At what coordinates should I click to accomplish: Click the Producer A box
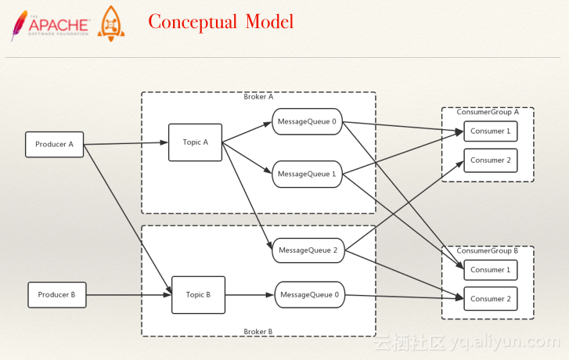coord(55,145)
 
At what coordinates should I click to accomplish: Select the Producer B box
coord(57,295)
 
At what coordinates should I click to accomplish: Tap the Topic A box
coord(195,142)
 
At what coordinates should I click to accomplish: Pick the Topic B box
coord(198,295)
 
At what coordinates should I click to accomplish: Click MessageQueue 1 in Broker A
coord(307,175)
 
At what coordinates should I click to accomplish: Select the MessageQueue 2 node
coord(308,250)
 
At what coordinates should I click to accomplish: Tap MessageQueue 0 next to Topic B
coord(309,295)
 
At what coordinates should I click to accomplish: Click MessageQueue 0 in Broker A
coord(307,121)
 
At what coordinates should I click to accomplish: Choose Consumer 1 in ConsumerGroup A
coord(491,131)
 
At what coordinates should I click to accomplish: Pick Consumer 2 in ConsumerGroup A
coord(491,160)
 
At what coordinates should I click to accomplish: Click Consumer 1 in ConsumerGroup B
coord(491,270)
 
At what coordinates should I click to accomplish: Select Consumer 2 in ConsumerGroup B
coord(491,299)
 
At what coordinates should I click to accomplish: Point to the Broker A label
coord(258,97)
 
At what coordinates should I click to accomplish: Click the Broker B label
coord(258,332)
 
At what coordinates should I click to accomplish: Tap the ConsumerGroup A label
coord(488,112)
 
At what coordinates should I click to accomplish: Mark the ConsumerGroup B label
coord(488,250)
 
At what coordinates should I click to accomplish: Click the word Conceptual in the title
coord(193,22)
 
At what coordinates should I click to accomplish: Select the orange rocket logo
coord(110,23)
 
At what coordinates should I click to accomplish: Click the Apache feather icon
coord(19,25)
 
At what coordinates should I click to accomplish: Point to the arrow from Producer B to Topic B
coord(129,295)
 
